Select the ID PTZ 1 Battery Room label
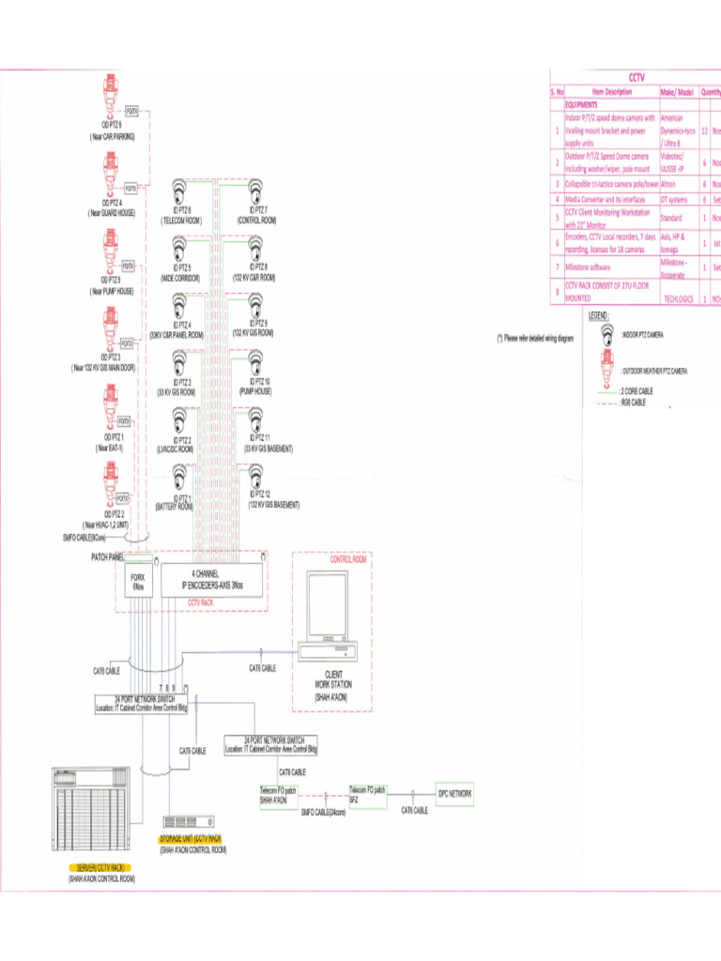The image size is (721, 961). tap(176, 502)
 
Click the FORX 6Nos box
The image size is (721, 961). tap(138, 582)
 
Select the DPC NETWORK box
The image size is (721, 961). tap(454, 794)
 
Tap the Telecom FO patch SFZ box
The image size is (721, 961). tap(367, 794)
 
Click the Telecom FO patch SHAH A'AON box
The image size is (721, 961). tap(279, 795)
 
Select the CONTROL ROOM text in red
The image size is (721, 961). tap(348, 559)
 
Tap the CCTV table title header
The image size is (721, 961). tap(635, 78)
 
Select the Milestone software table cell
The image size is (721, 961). tap(595, 267)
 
